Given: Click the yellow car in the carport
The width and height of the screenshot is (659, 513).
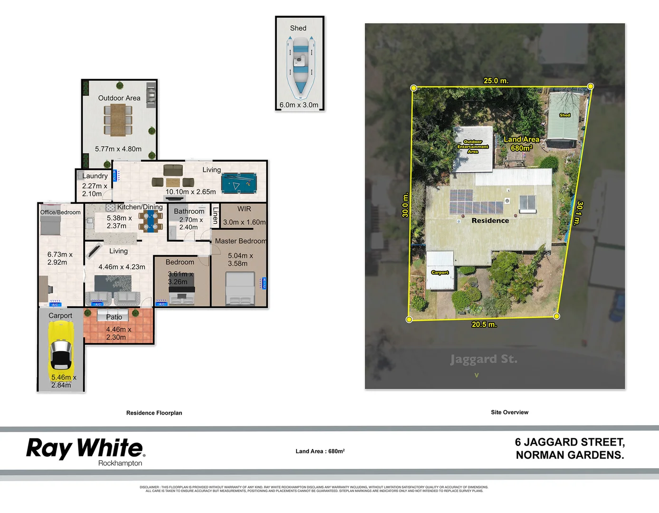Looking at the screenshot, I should (61, 347).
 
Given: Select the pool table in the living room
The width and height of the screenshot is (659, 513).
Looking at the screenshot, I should (239, 183).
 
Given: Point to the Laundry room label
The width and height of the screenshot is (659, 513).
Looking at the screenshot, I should (95, 176).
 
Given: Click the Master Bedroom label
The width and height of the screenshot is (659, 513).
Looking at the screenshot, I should (240, 241).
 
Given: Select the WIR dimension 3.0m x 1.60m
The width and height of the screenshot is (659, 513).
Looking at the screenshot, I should (244, 222).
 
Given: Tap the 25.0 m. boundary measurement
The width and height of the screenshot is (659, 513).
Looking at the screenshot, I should (496, 81).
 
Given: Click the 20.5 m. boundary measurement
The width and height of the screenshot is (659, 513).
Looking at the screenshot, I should (484, 324).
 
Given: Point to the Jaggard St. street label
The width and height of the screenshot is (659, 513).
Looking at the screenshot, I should (483, 359).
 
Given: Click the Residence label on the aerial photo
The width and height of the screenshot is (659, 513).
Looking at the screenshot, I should (490, 220).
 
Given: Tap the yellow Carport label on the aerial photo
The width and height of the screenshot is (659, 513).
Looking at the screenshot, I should (440, 272).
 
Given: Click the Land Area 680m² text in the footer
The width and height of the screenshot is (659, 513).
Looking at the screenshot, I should (320, 451).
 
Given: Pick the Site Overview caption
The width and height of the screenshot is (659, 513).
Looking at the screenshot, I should (509, 412).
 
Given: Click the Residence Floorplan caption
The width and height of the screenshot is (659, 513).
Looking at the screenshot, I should (154, 413).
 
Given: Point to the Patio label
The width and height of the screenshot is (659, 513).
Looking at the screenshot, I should (114, 317).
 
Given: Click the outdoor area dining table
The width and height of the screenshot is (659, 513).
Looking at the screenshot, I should (118, 120).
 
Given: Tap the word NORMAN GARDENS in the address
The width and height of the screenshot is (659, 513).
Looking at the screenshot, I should (570, 455).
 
